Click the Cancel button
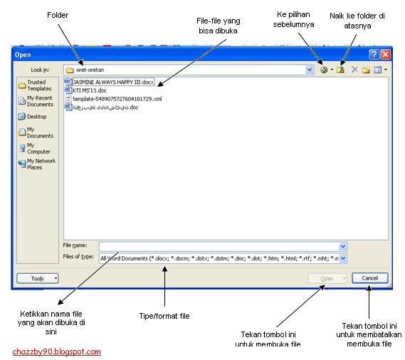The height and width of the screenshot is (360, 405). pyautogui.click(x=369, y=278)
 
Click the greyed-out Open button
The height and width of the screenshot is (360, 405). pyautogui.click(x=327, y=278)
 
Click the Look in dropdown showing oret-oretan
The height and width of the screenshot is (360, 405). pyautogui.click(x=189, y=70)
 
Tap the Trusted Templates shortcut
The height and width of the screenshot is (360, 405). pyautogui.click(x=36, y=85)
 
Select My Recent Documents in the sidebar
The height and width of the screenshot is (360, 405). pyautogui.click(x=36, y=101)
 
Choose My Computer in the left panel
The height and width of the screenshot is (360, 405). pyautogui.click(x=36, y=148)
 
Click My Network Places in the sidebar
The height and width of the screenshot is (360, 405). pyautogui.click(x=36, y=164)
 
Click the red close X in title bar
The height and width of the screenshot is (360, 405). pyautogui.click(x=385, y=54)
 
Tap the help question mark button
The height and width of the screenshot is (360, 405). pyautogui.click(x=374, y=54)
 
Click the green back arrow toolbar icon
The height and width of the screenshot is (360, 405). pyautogui.click(x=325, y=70)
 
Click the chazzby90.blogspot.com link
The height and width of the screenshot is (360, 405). pyautogui.click(x=57, y=351)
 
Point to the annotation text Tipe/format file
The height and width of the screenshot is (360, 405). pyautogui.click(x=164, y=316)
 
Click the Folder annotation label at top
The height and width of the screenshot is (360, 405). pyautogui.click(x=57, y=15)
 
